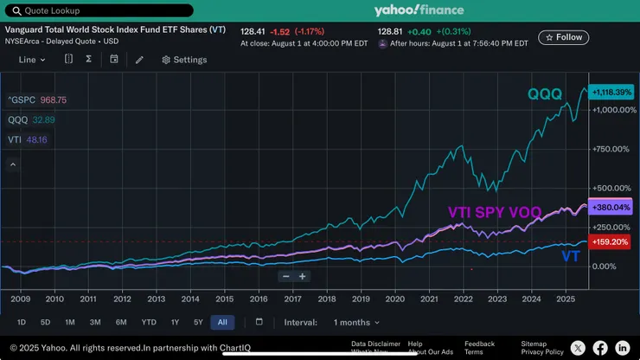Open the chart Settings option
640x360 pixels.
point(184,60)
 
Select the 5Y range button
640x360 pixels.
point(198,322)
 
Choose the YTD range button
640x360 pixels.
point(149,322)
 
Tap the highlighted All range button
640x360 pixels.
point(222,322)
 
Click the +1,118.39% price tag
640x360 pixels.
point(612,91)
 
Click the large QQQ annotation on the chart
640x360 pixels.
point(545,93)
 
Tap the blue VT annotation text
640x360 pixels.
point(571,256)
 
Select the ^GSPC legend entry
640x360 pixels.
point(36,100)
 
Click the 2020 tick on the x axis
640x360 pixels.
point(394,299)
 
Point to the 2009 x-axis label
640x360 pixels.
point(21,299)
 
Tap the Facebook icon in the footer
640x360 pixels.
point(600,348)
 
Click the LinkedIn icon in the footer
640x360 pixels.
point(623,348)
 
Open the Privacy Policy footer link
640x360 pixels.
point(542,352)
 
